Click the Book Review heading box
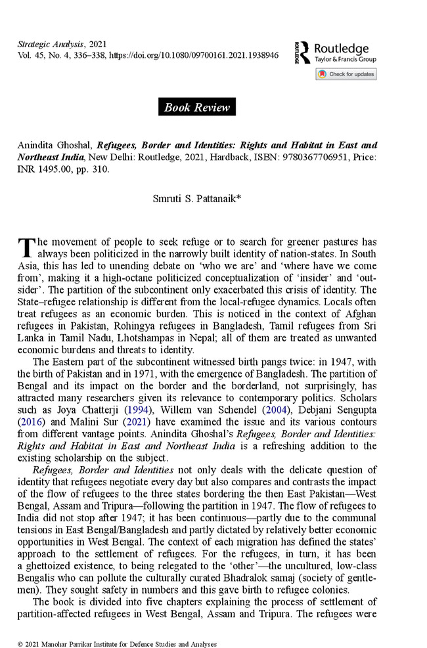pos(197,107)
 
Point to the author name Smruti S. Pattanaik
pos(196,195)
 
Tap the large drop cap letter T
pos(26,248)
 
